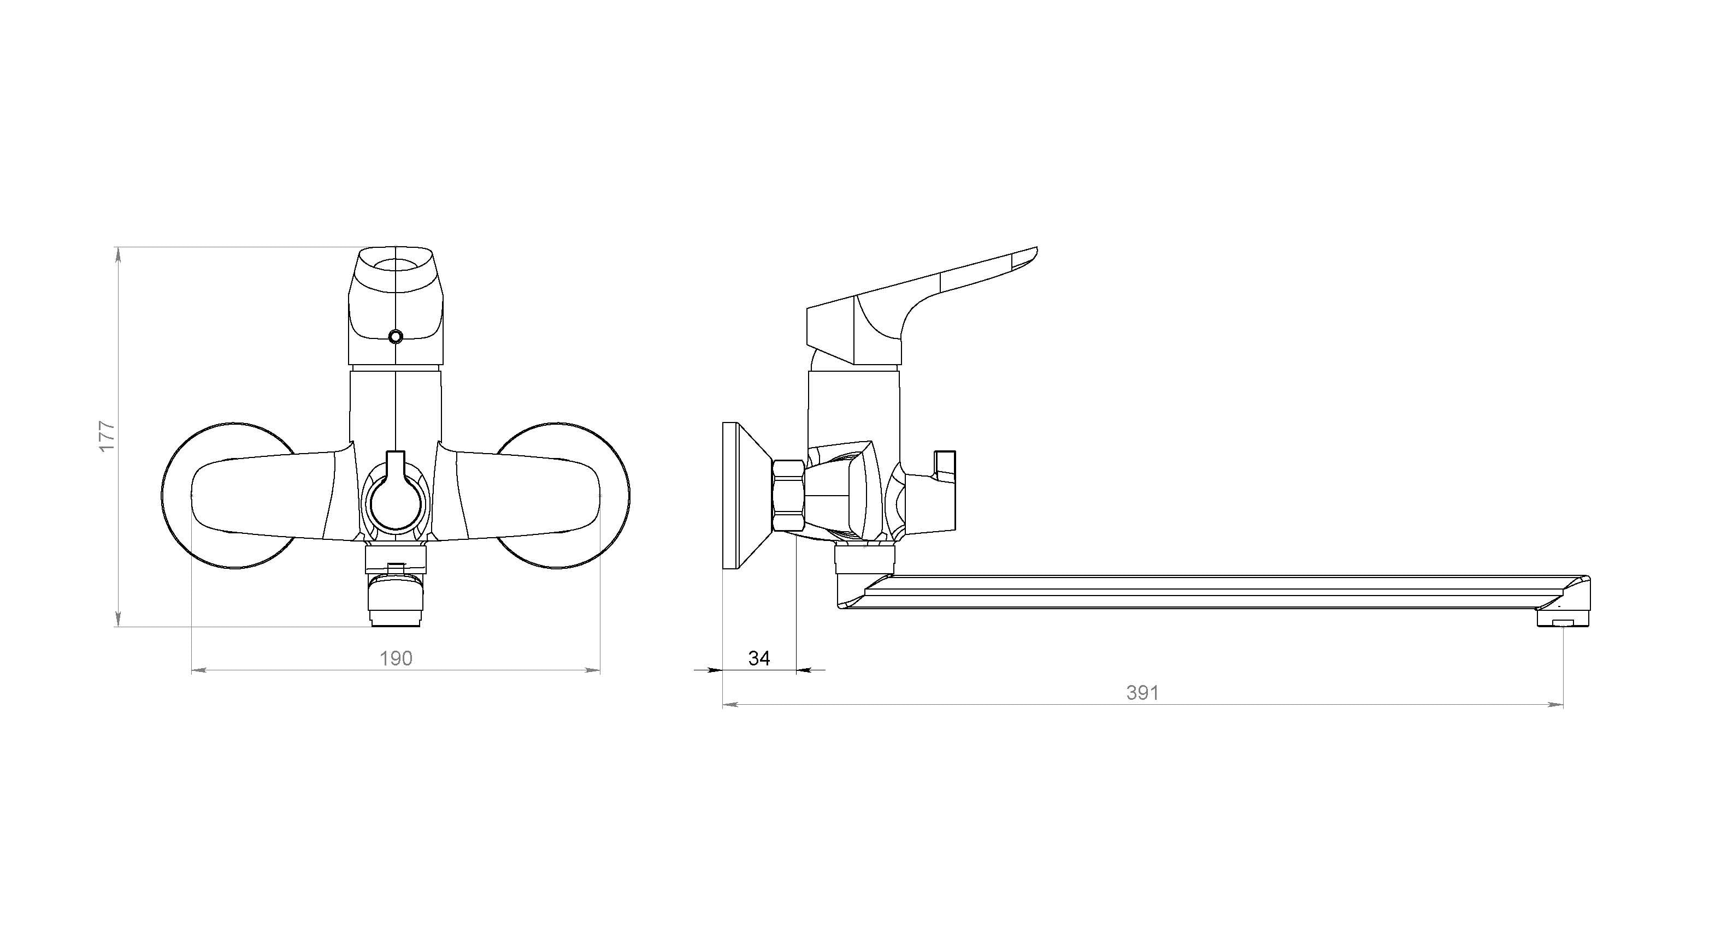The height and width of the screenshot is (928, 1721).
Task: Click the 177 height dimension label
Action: coord(107,437)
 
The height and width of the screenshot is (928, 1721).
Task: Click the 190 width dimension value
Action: coord(396,659)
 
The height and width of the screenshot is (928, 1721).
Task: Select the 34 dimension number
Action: coord(759,659)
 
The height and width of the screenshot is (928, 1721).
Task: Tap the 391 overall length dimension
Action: coord(1142,693)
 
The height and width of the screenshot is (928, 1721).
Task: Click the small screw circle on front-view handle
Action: coord(396,336)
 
